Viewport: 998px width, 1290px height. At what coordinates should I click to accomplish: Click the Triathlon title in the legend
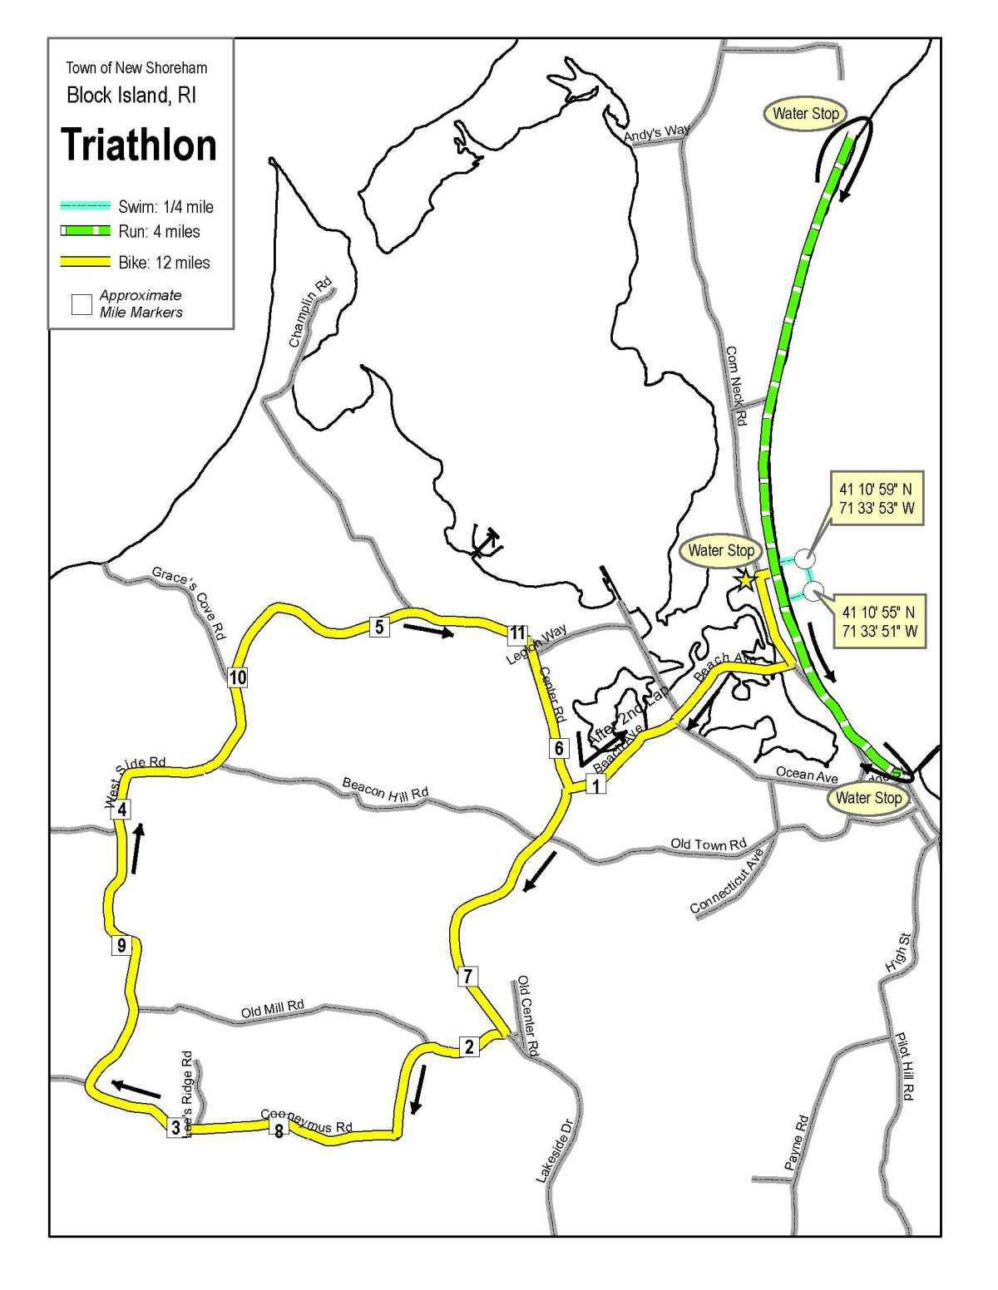point(139,145)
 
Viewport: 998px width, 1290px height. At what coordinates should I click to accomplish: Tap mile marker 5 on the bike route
point(379,627)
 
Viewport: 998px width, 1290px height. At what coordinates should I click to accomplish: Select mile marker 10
point(238,677)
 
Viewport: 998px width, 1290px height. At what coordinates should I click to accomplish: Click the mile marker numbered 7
point(468,976)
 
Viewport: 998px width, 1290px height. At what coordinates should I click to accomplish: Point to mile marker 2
point(469,1046)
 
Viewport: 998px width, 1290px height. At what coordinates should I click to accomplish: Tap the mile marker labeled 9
point(121,945)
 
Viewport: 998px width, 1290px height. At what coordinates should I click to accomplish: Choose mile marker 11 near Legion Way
point(517,634)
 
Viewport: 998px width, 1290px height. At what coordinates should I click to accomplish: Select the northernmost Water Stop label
point(806,113)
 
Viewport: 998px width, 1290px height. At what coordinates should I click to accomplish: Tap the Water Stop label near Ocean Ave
point(868,798)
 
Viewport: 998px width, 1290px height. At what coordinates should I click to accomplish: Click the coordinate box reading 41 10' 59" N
point(877,497)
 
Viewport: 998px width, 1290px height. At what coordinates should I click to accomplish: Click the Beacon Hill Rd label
point(385,788)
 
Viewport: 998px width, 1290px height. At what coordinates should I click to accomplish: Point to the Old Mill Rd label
point(273,1010)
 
